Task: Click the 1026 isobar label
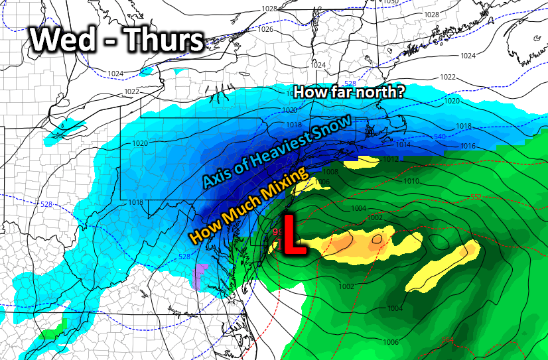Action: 265,29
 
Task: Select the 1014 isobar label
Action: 403,145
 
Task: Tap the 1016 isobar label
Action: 468,146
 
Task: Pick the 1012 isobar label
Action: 391,160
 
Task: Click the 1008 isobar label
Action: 330,172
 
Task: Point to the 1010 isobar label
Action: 411,181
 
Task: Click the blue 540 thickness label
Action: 439,137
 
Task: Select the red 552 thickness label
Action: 476,197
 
